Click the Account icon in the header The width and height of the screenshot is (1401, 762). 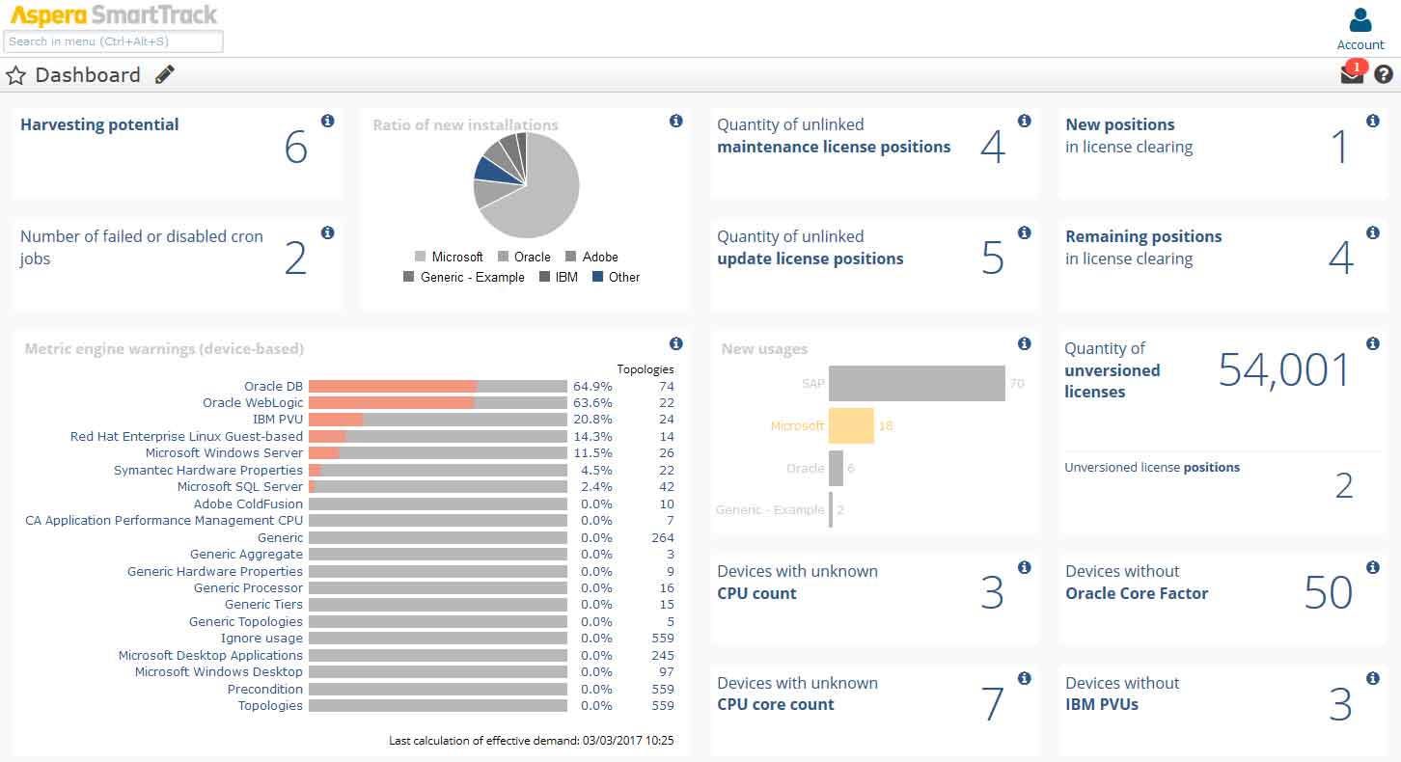coord(1360,20)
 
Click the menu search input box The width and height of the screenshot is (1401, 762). coord(114,41)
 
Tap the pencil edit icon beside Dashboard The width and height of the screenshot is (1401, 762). coord(165,74)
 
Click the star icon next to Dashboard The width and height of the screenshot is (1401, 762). coord(15,75)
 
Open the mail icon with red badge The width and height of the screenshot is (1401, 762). coord(1352,74)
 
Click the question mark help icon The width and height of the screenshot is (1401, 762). coord(1384,74)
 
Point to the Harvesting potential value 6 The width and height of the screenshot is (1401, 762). coord(296,147)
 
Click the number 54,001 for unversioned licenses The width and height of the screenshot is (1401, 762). coord(1284,370)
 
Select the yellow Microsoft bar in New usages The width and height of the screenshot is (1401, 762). coord(851,425)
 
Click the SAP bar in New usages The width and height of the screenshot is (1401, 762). coord(917,383)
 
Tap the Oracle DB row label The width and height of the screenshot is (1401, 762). coord(273,387)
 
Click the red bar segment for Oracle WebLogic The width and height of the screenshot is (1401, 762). coord(391,403)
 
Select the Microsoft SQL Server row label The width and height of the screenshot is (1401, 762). coord(239,487)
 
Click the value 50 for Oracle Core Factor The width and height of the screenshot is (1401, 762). coord(1328,593)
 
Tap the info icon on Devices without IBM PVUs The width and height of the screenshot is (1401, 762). coord(1373,679)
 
